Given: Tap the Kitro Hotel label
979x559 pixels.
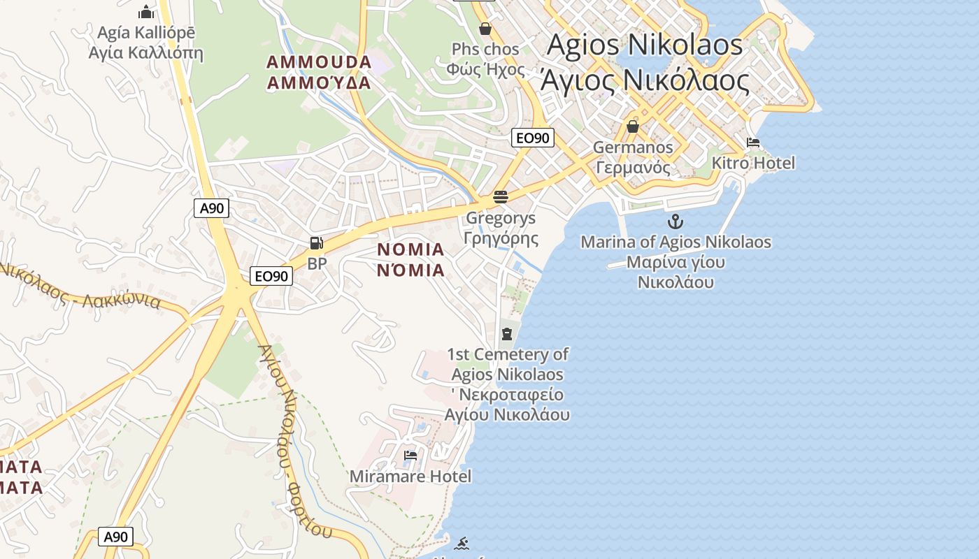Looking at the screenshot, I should [753, 164].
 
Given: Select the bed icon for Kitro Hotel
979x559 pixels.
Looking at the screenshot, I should [753, 143].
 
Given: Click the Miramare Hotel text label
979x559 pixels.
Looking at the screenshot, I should [410, 477].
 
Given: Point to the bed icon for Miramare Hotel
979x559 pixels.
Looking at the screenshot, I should [410, 456].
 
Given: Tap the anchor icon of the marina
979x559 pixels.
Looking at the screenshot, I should [676, 222].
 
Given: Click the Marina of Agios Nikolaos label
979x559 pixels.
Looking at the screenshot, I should [676, 262].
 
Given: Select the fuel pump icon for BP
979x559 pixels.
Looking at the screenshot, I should [317, 243].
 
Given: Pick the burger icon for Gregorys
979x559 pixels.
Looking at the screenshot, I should [501, 197].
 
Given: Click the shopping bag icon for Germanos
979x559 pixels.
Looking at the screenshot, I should [633, 126].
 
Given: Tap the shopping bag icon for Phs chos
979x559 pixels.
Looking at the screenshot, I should [485, 29].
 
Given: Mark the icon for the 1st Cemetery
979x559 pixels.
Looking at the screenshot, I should [507, 333].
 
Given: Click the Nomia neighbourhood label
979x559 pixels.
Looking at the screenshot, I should [411, 260].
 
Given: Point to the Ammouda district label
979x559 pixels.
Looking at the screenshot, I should [319, 72].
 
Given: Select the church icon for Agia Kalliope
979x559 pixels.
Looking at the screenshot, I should [145, 12].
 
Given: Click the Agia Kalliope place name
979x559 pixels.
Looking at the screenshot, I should [145, 43].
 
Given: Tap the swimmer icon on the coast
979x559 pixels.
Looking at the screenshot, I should [461, 543].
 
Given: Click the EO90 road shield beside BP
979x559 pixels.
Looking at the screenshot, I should [271, 276].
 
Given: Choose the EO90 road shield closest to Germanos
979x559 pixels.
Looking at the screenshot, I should [532, 138].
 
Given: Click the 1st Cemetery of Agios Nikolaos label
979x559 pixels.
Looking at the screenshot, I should [507, 384].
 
